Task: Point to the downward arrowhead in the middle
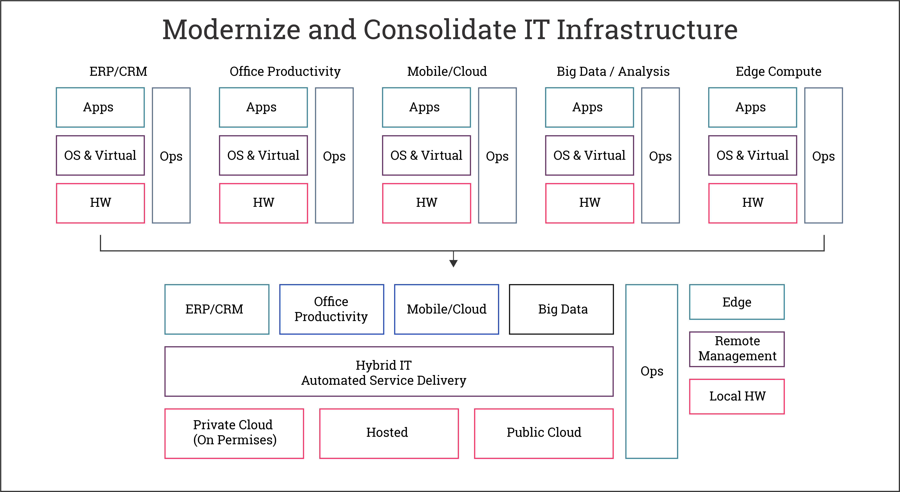point(454,263)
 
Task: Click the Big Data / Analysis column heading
point(613,72)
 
